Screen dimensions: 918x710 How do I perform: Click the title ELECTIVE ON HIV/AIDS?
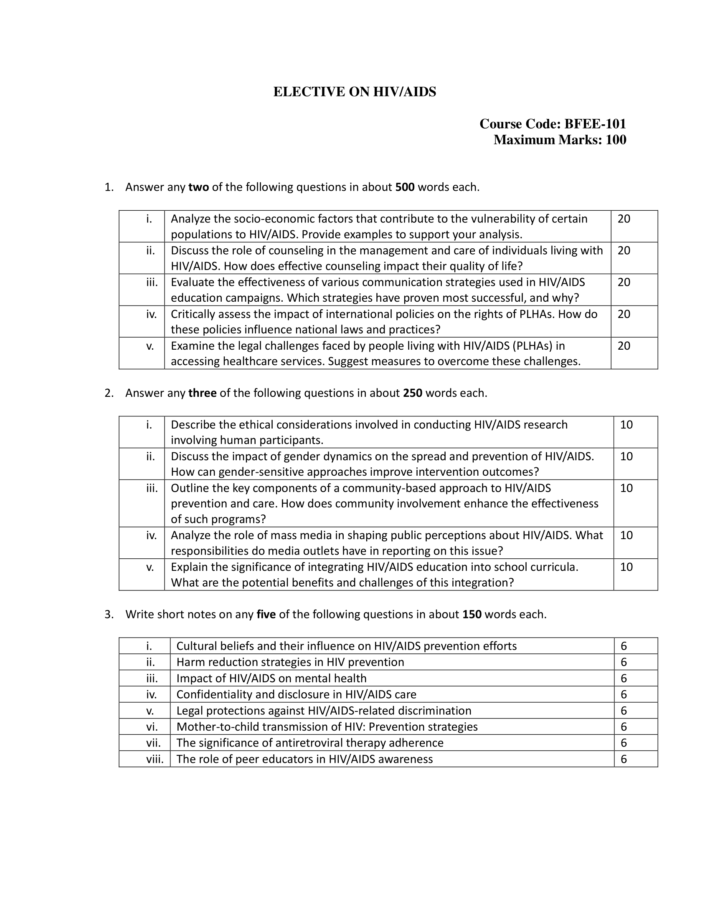coord(355,92)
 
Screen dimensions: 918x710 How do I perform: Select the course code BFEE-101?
coord(595,124)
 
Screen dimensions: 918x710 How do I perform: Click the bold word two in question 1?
coord(198,187)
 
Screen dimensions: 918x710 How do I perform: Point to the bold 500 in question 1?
coord(405,187)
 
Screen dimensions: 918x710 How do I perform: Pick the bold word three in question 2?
coord(202,393)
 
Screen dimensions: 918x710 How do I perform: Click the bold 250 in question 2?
coord(412,393)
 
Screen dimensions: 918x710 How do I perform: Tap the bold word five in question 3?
coord(266,615)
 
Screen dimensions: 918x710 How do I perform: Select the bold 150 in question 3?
coord(472,615)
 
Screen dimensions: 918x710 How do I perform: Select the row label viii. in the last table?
coord(155,759)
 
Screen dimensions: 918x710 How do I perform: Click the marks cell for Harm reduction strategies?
coord(624,663)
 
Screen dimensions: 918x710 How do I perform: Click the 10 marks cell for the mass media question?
coord(626,535)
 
